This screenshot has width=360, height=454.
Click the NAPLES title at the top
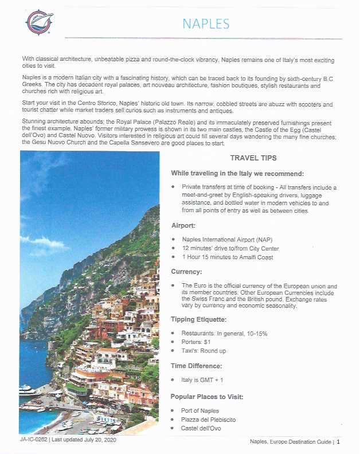tap(206, 24)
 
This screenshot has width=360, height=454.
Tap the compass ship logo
tap(40, 22)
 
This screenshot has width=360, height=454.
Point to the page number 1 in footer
tap(338, 442)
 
